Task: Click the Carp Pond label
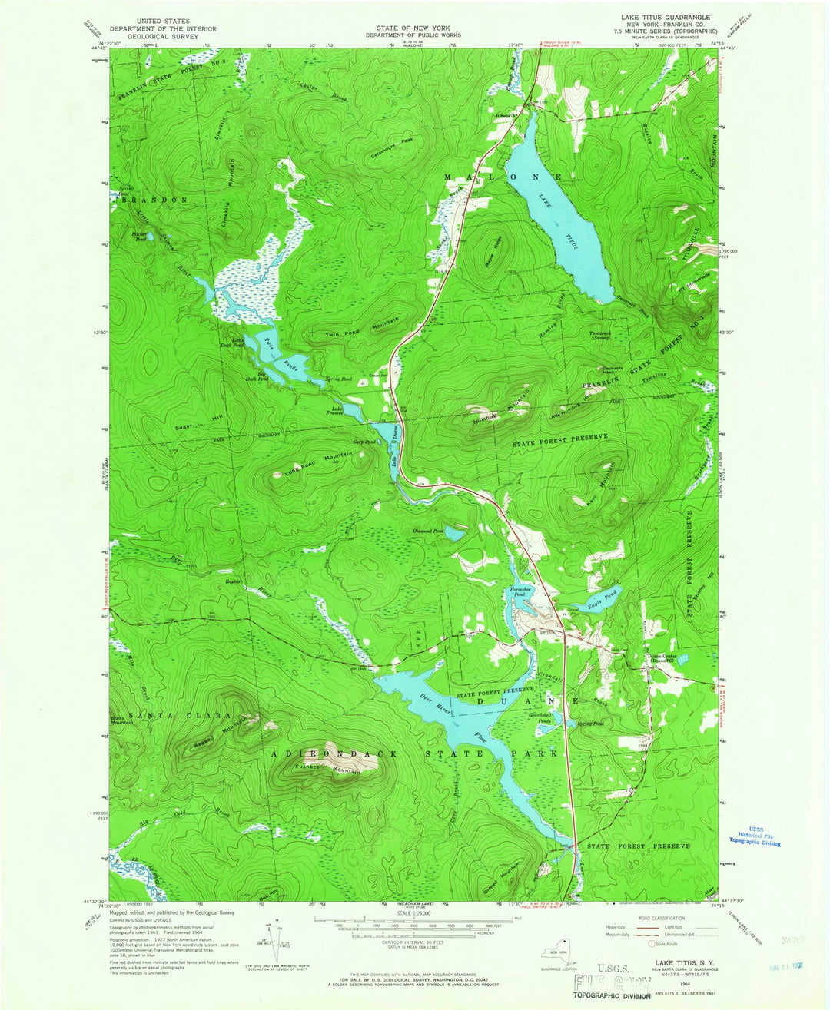[x=364, y=442]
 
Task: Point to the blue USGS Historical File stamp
[x=754, y=836]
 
